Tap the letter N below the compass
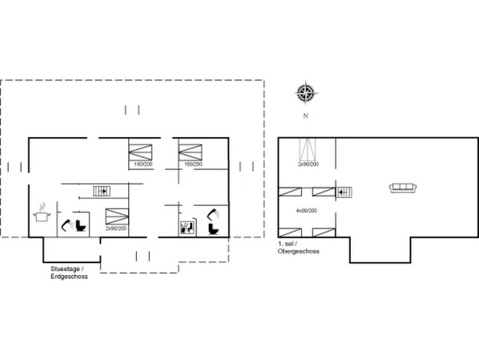[x=305, y=115]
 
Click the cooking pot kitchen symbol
[x=40, y=213]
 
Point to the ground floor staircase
[x=101, y=190]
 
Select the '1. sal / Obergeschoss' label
[x=298, y=246]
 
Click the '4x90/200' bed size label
[x=308, y=210]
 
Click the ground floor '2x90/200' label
[x=117, y=229]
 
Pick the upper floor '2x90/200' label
[x=308, y=164]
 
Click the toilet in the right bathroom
[x=212, y=228]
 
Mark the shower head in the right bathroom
[x=213, y=213]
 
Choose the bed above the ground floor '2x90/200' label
[x=117, y=216]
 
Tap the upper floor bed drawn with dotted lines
[x=308, y=149]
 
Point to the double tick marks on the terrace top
[x=133, y=109]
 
